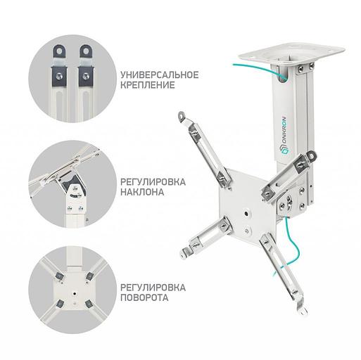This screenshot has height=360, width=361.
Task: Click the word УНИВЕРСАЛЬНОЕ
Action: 160,74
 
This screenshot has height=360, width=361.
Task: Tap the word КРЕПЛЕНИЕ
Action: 147,86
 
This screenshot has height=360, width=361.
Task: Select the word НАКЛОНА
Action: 143,192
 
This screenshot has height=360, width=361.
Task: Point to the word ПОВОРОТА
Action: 144,297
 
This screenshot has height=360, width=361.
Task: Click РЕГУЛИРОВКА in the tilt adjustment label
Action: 153,181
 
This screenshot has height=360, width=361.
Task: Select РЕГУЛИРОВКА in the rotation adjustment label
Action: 153,286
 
